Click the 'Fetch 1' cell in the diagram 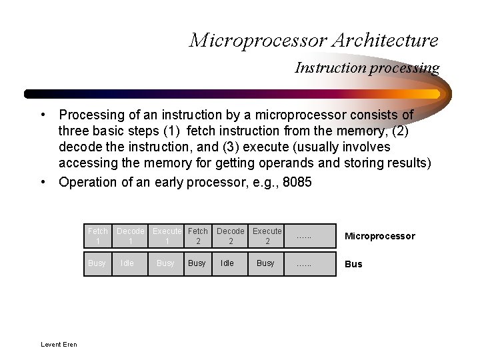[97, 236]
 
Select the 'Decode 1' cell [130, 236]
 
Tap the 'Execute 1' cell [167, 236]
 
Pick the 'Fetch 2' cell [198, 236]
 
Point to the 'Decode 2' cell [231, 236]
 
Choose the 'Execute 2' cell [267, 236]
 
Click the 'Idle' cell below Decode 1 [127, 263]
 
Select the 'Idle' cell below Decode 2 [227, 263]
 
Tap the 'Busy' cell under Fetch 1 [97, 263]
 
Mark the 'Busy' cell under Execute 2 [265, 263]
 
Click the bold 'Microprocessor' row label [379, 236]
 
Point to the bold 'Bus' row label [353, 264]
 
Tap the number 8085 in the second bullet [297, 182]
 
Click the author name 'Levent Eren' [59, 345]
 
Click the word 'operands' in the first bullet [290, 163]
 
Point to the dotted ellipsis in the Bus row [303, 264]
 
